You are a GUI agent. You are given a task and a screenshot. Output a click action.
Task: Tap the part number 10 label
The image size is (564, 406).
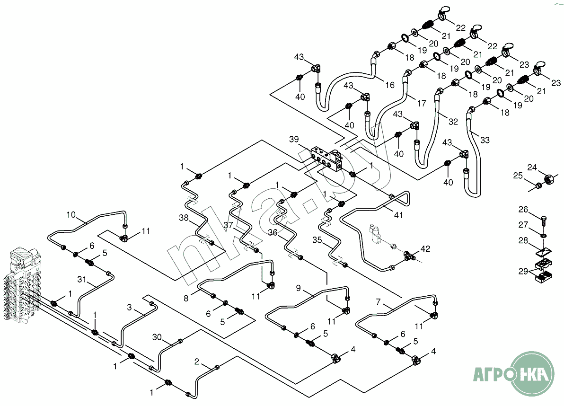point(70,215)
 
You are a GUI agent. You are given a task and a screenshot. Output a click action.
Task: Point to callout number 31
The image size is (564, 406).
point(81,280)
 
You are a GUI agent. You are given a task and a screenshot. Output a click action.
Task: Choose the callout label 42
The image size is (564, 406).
point(425,248)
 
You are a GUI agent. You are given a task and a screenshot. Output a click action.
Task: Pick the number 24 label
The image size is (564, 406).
point(532,168)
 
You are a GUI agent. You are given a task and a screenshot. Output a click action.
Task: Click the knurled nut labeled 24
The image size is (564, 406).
point(548,180)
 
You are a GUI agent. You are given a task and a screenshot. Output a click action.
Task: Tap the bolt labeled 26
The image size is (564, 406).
point(544,220)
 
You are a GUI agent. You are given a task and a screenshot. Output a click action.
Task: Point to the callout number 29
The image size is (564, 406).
point(523,271)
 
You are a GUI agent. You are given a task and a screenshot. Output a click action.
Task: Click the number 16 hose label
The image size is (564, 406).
point(390,86)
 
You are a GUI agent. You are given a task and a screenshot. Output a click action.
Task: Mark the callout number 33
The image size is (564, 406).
point(485,140)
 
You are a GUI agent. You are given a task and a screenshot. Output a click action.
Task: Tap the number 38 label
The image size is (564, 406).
point(184,219)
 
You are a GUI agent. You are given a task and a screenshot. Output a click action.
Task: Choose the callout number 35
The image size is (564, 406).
point(317,240)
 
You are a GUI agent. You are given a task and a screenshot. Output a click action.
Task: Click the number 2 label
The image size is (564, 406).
point(196,362)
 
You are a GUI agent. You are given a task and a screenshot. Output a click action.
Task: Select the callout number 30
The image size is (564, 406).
point(158,337)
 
